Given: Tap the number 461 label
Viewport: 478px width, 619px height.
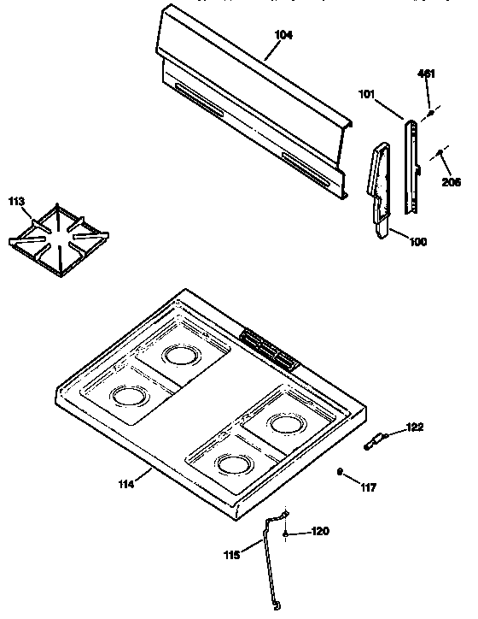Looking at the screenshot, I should pos(426,74).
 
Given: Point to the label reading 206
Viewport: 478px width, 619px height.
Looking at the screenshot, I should pos(450,181).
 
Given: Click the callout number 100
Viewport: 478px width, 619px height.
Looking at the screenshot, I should pos(418,242).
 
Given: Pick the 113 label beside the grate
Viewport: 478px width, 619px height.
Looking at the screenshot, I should pos(17,202).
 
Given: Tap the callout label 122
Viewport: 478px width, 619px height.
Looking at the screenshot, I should pos(414,427).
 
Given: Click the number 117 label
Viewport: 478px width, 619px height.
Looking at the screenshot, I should pos(367,489).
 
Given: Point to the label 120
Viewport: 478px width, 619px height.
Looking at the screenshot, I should pos(318,531).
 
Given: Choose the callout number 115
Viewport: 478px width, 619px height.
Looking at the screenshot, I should pos(232,553).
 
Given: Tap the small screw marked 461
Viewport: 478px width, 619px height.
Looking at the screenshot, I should pos(431,113).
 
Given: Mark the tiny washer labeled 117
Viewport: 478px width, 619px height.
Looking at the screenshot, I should pos(341,471).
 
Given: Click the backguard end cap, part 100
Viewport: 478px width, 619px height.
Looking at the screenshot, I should pos(376,192).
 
